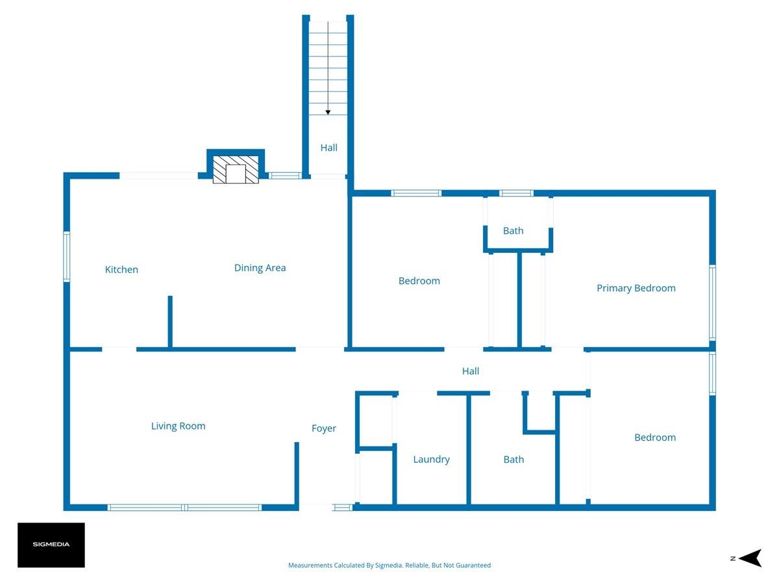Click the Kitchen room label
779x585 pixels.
coord(121,269)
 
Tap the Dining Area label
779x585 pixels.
coord(260,267)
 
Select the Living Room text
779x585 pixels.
coord(178,426)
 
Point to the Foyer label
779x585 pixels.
coord(324,428)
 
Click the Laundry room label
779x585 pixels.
coord(431,460)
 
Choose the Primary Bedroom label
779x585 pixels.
coord(636,288)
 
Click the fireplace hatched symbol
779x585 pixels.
coord(236,170)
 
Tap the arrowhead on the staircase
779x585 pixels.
coord(328,112)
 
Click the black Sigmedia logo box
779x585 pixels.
coord(51,545)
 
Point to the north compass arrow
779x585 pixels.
coord(751,558)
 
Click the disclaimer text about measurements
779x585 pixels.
coord(389,565)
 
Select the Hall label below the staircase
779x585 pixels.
coord(328,148)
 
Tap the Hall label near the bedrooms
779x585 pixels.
coord(470,371)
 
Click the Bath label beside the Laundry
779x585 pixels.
coord(513,460)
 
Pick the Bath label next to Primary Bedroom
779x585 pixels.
coord(513,231)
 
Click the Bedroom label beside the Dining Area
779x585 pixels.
coord(419,281)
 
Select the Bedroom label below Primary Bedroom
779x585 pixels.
coord(655,437)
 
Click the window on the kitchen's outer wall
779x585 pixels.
coord(66,257)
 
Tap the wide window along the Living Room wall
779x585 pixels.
coord(184,507)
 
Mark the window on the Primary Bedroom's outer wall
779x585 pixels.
coord(712,303)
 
